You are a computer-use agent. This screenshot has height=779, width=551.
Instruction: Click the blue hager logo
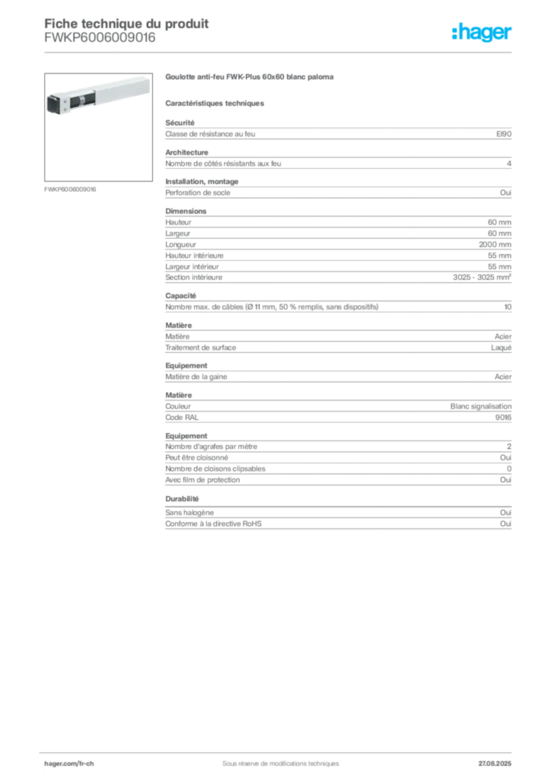pos(483,33)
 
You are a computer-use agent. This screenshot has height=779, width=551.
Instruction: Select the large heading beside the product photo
pos(249,78)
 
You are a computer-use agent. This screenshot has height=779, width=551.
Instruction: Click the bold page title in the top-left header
pos(126,22)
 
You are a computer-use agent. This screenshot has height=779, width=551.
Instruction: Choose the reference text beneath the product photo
pos(70,189)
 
